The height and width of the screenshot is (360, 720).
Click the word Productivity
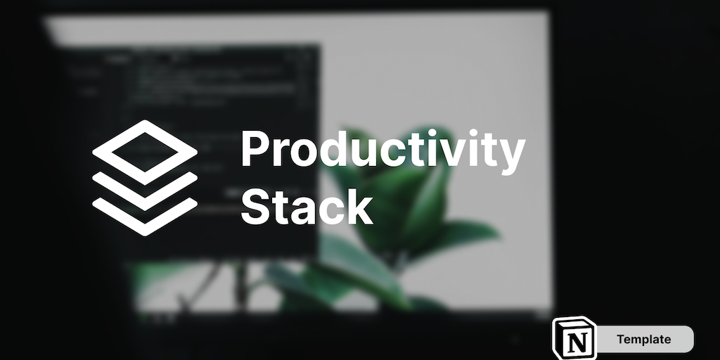pos(383,150)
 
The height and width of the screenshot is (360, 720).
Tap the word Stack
pos(307,207)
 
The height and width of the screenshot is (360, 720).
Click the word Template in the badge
pos(643,340)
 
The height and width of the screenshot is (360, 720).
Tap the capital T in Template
pos(622,339)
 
